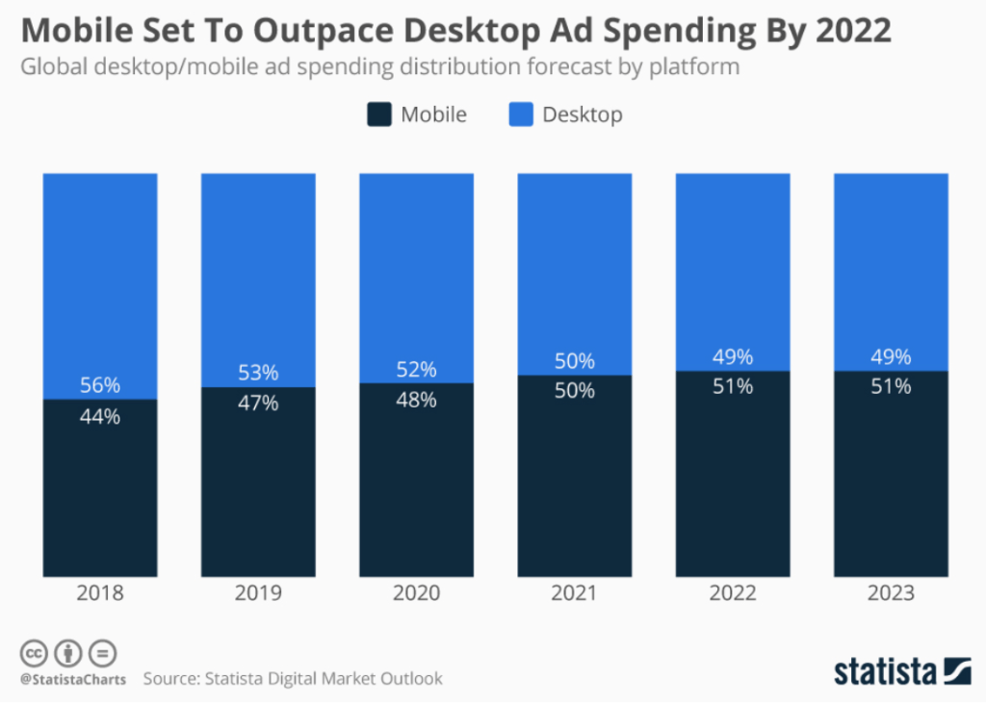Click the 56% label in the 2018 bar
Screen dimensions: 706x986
(x=100, y=385)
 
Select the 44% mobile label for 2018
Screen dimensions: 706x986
(x=100, y=417)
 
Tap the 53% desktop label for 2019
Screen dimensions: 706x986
(x=258, y=373)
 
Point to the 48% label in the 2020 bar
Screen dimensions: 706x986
(x=416, y=400)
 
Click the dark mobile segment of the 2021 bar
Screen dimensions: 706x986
(x=574, y=482)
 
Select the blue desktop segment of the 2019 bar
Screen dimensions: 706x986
(x=258, y=270)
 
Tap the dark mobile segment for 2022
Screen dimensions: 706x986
(x=733, y=482)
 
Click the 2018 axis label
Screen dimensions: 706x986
(x=100, y=593)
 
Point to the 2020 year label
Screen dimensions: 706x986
(x=416, y=593)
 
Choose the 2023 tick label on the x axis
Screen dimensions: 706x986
(x=891, y=593)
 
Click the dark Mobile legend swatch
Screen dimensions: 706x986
(x=378, y=115)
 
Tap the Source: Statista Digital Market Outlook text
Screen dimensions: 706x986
(x=293, y=679)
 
